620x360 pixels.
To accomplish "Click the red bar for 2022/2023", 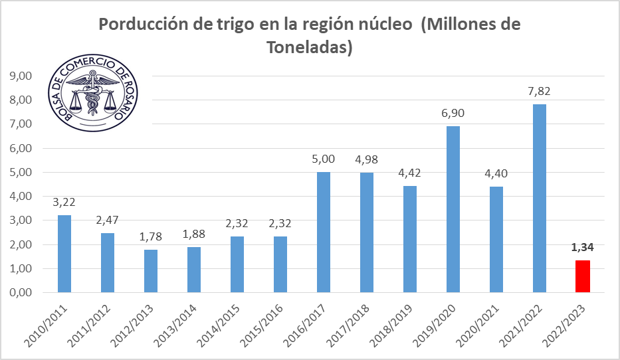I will [x=583, y=276].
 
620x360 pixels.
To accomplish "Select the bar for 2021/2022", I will [x=540, y=198].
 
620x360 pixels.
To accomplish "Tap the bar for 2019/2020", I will [x=453, y=209].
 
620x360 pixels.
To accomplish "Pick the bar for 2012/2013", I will [x=151, y=271].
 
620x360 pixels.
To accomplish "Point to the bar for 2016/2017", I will [x=324, y=232].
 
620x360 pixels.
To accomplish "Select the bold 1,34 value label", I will [x=583, y=248].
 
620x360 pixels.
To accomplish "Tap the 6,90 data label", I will [x=453, y=114].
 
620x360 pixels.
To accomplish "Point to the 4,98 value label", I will [x=367, y=160].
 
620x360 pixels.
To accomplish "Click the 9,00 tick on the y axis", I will [x=20, y=76].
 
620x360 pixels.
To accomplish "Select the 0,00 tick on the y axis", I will [x=20, y=292].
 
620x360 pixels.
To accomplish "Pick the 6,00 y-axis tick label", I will [x=20, y=148].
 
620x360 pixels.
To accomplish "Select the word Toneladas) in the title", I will [x=308, y=48].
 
